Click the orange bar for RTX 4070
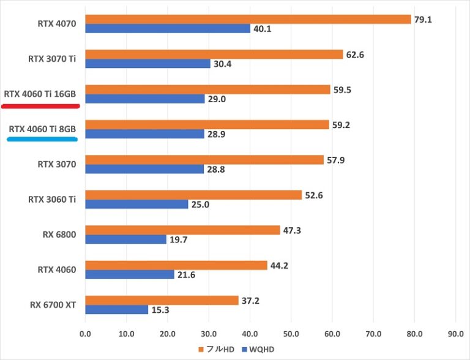coord(248,19)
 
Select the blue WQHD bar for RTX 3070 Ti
coord(147,64)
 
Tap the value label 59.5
coord(343,89)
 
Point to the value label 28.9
coord(217,133)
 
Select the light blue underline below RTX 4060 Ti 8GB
coord(42,140)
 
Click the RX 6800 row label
coord(60,234)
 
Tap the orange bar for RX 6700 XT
coord(162,300)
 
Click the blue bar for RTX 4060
coord(130,275)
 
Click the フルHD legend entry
coord(215,350)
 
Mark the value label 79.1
coord(423,19)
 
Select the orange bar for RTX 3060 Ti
coord(193,195)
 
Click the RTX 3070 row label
coord(60,163)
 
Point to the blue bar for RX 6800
coord(125,239)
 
